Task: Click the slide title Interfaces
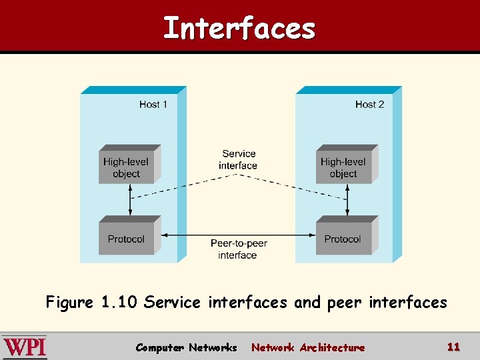[239, 29]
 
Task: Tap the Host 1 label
[153, 104]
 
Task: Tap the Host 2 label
[369, 104]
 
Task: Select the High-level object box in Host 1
[126, 167]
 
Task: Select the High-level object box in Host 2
[343, 167]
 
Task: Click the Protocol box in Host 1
[126, 239]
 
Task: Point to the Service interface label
[238, 160]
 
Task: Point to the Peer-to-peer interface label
[238, 249]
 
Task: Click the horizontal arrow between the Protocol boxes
[200, 235]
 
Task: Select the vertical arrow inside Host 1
[131, 200]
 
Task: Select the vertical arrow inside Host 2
[347, 200]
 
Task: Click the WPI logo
[25, 347]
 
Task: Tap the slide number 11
[453, 347]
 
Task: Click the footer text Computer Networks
[186, 347]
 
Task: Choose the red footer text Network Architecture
[308, 347]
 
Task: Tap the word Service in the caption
[172, 303]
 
